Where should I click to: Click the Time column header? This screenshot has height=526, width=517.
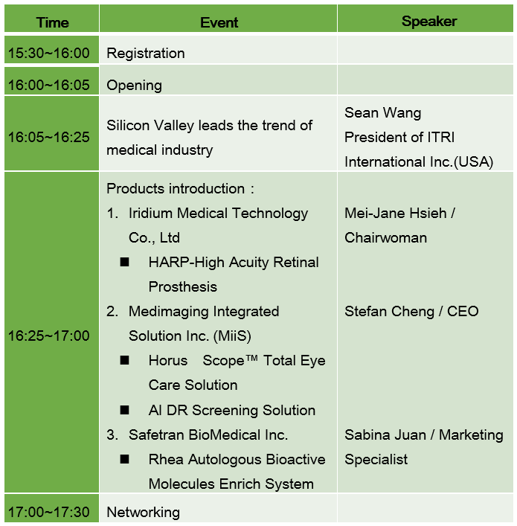53,22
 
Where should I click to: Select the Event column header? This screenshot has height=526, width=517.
219,22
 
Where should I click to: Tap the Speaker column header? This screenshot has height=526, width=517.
429,22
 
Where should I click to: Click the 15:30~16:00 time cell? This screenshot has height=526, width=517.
49,53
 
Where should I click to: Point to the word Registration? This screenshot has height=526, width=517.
146,54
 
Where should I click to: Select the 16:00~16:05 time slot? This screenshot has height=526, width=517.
49,85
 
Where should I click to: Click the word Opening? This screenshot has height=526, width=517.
134,86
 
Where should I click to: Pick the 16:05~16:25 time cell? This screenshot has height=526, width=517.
49,137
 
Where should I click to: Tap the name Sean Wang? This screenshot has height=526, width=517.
383,113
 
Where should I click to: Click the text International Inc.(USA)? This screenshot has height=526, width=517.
419,161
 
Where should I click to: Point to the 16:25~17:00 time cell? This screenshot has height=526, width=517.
49,336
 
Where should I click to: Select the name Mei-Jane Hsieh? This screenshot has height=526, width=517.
396,214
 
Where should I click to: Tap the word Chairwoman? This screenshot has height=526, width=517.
386,238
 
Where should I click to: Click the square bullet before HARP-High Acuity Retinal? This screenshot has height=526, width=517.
124,262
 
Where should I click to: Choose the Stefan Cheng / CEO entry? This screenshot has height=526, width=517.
411,312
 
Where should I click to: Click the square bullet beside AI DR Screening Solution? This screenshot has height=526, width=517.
124,410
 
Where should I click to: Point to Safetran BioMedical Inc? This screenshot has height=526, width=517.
208,434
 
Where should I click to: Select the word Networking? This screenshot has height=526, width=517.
144,513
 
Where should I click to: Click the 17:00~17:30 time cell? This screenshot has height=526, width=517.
49,513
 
